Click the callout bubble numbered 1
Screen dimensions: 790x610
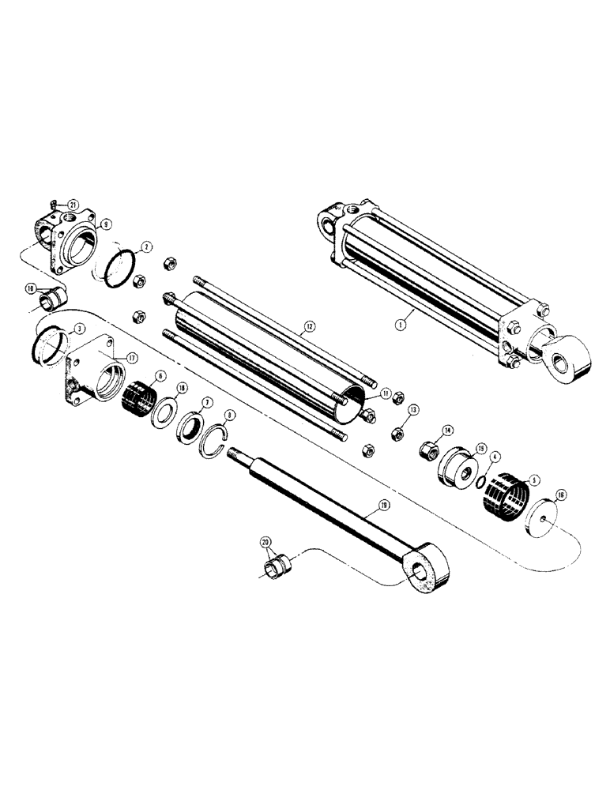pyautogui.click(x=401, y=322)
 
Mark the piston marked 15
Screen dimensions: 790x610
pyautogui.click(x=457, y=473)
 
